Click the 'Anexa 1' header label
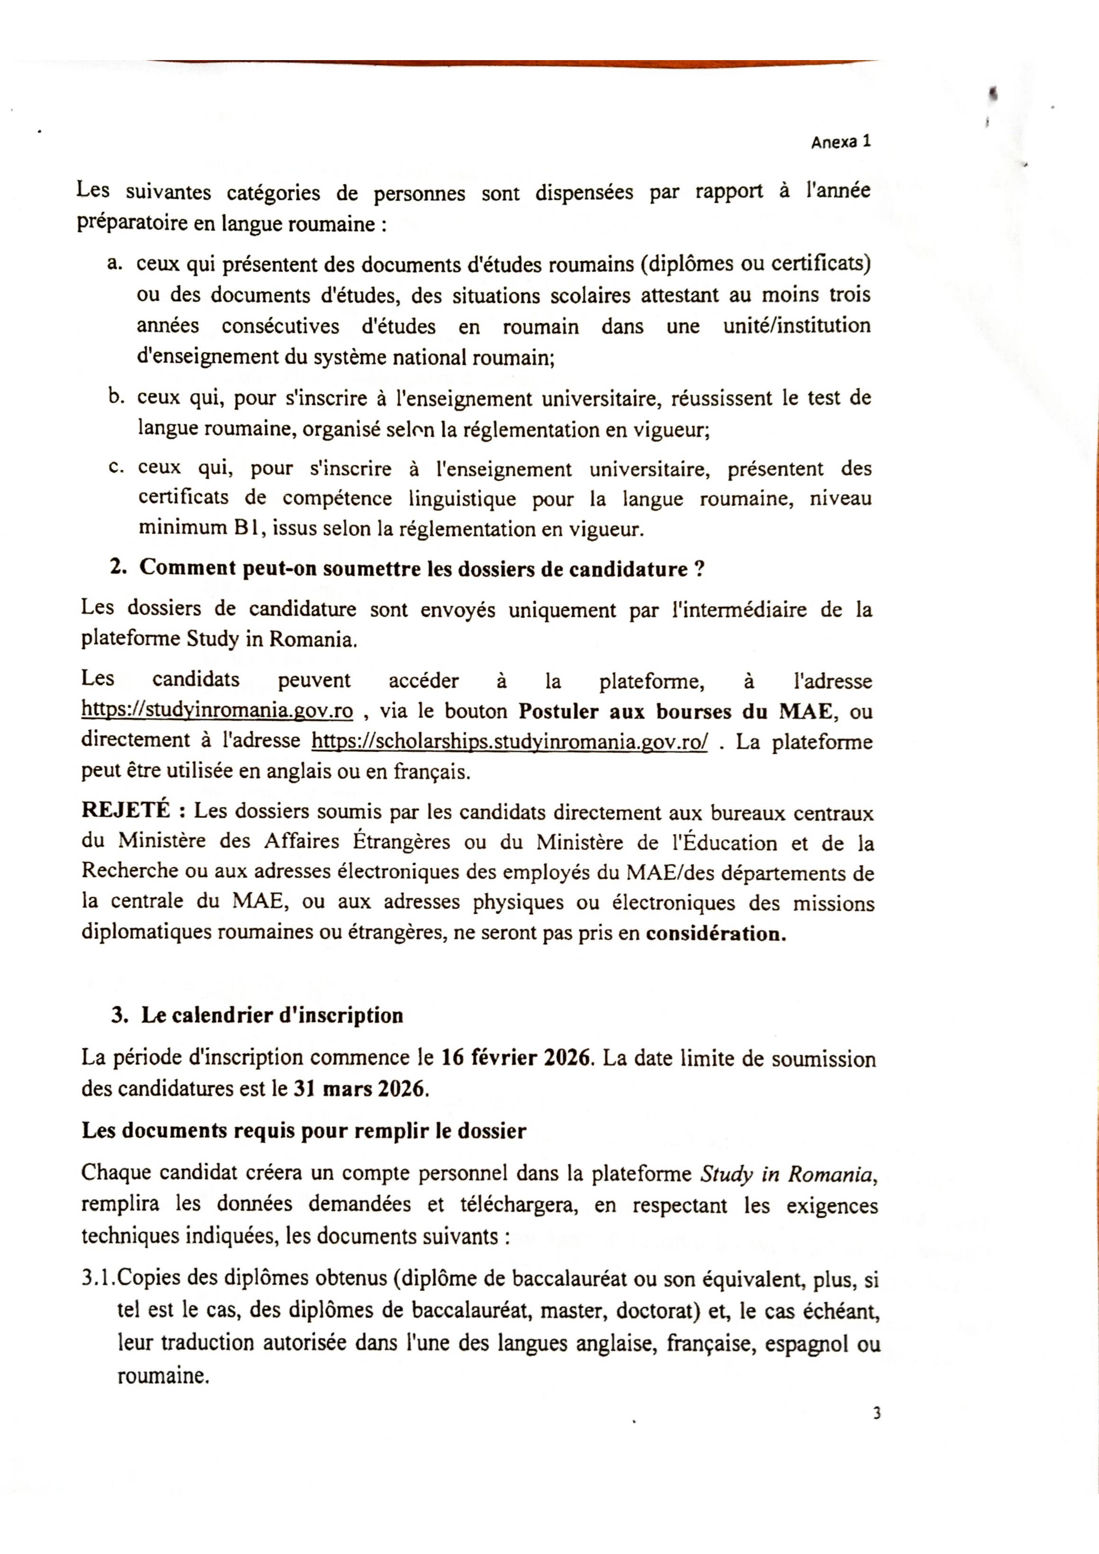[x=840, y=142]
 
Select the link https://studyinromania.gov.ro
[x=217, y=711]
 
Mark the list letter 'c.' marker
[x=116, y=468]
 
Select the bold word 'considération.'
[x=715, y=934]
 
